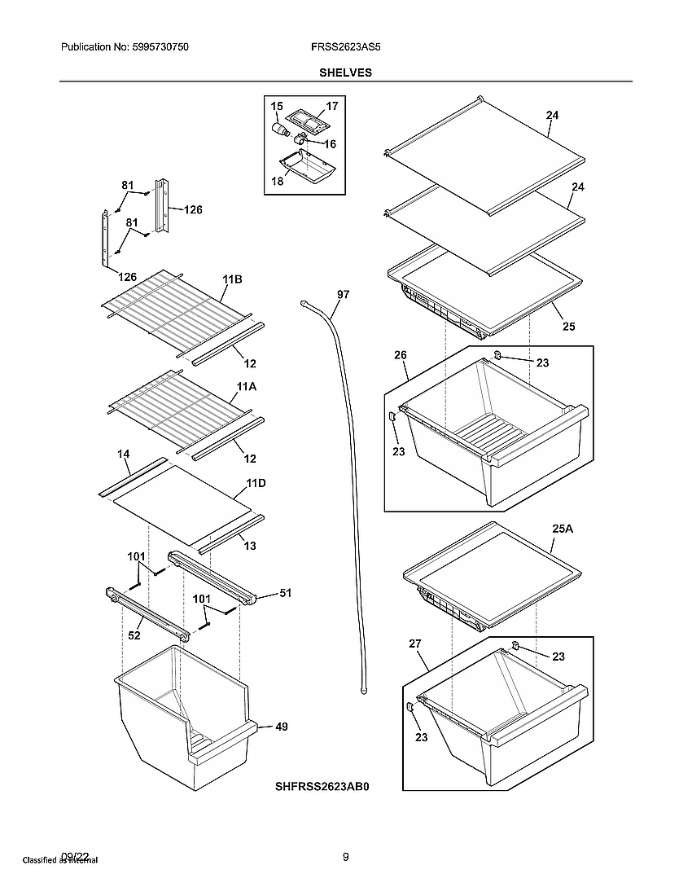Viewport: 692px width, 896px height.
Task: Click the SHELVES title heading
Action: click(345, 72)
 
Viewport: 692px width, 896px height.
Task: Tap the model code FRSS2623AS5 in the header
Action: click(345, 48)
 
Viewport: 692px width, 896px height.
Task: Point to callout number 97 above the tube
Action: click(343, 295)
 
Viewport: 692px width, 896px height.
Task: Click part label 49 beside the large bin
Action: click(281, 727)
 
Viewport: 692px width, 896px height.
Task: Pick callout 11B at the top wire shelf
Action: click(232, 279)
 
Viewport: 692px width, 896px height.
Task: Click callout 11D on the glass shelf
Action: click(256, 483)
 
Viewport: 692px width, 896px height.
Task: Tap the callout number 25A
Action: click(563, 529)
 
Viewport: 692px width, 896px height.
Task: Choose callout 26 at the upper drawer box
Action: click(400, 355)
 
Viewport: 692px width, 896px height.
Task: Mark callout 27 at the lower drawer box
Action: click(414, 643)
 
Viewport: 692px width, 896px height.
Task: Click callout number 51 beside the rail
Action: click(285, 594)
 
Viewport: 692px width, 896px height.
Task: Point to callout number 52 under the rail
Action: click(135, 636)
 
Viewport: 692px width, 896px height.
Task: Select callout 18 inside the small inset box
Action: click(278, 182)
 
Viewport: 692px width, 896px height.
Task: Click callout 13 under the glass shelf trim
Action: click(250, 546)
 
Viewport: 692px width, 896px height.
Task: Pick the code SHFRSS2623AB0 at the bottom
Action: click(322, 788)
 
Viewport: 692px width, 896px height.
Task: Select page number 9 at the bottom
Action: click(345, 856)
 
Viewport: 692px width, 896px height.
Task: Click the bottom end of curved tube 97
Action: click(360, 691)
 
